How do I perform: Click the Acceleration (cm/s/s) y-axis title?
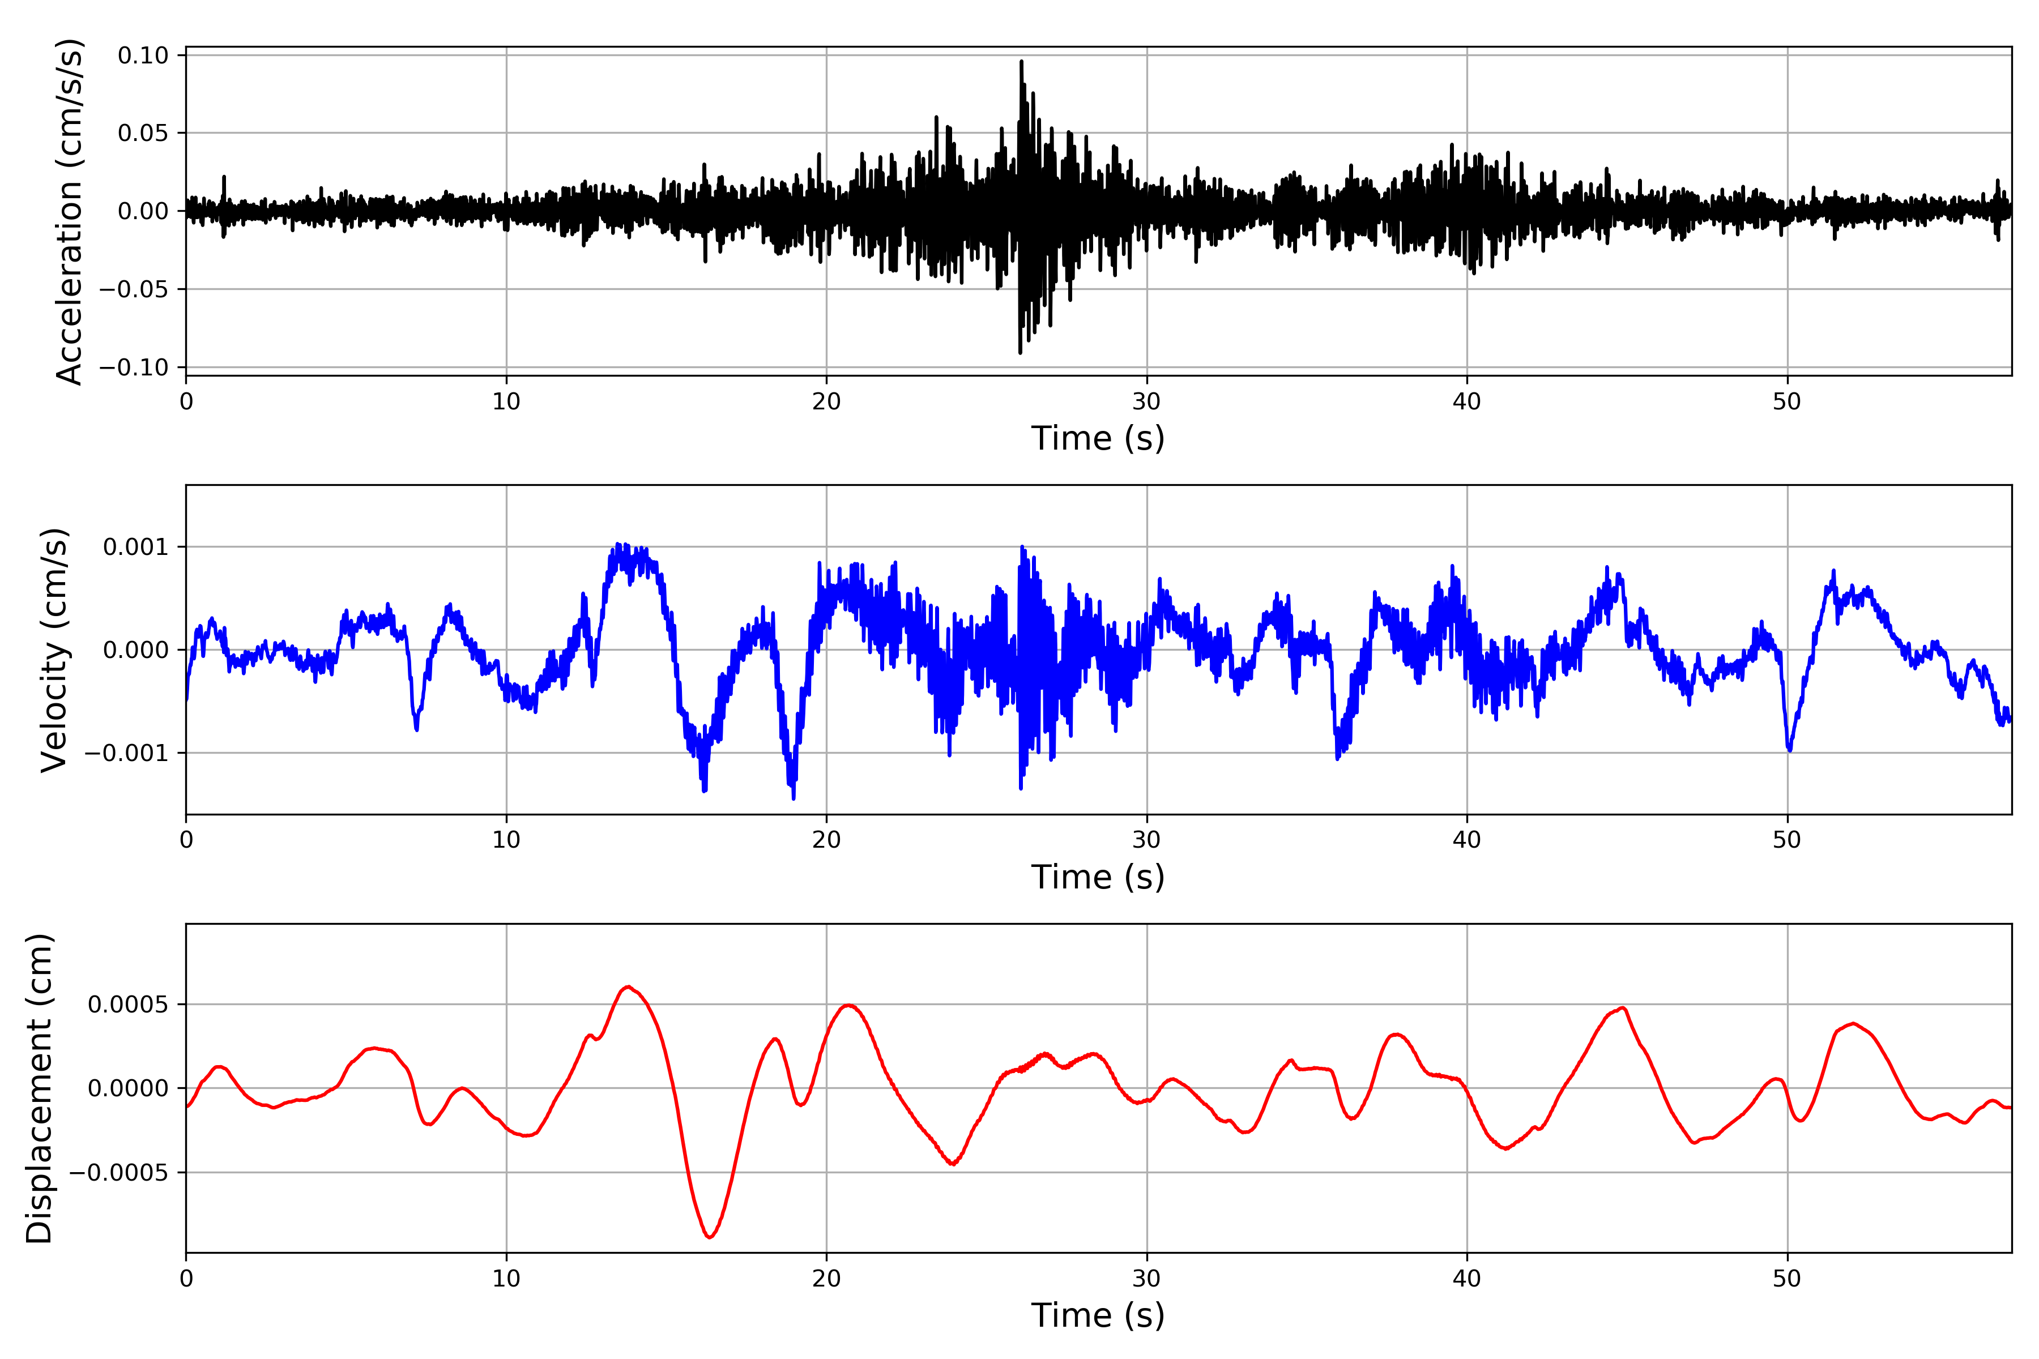(69, 211)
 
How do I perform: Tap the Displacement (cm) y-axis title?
(39, 1088)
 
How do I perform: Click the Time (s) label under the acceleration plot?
(1098, 438)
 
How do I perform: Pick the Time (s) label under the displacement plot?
(1098, 1315)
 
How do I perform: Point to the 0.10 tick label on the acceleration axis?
(143, 55)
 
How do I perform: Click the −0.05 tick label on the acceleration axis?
(134, 289)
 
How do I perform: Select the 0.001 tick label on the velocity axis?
(135, 547)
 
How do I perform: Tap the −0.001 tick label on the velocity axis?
(126, 753)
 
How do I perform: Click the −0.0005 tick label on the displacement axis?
(118, 1173)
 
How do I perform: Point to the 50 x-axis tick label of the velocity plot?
(1787, 840)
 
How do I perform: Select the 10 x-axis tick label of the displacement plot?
(506, 1279)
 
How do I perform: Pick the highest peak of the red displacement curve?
(628, 986)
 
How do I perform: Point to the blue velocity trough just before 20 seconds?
(794, 796)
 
